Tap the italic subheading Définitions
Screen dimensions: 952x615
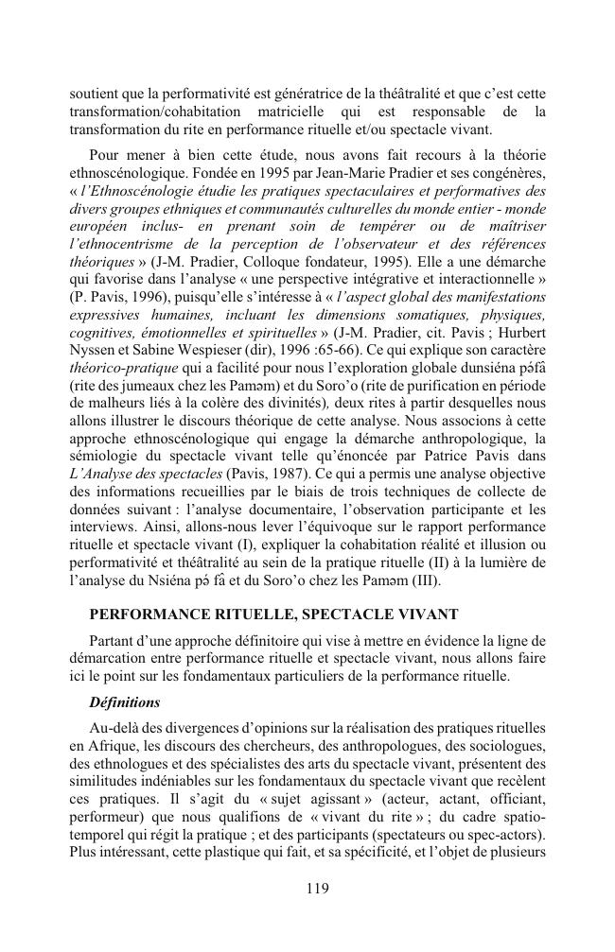click(125, 702)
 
